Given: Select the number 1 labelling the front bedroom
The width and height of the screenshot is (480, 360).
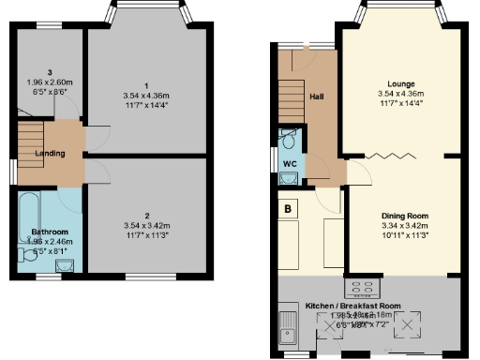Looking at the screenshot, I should [x=145, y=84].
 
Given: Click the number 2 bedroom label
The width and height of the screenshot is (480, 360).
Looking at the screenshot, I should [x=145, y=215].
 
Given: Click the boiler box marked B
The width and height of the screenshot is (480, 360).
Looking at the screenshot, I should [x=288, y=208].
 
